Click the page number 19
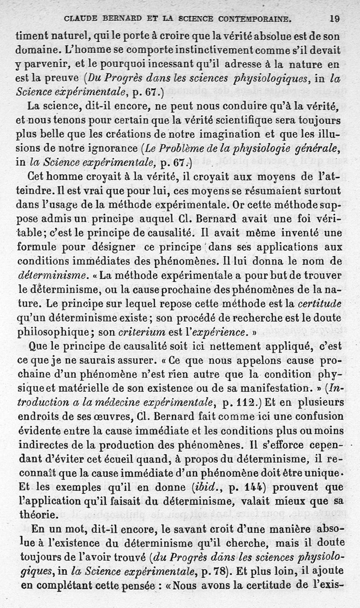334,19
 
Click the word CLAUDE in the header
81,19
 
